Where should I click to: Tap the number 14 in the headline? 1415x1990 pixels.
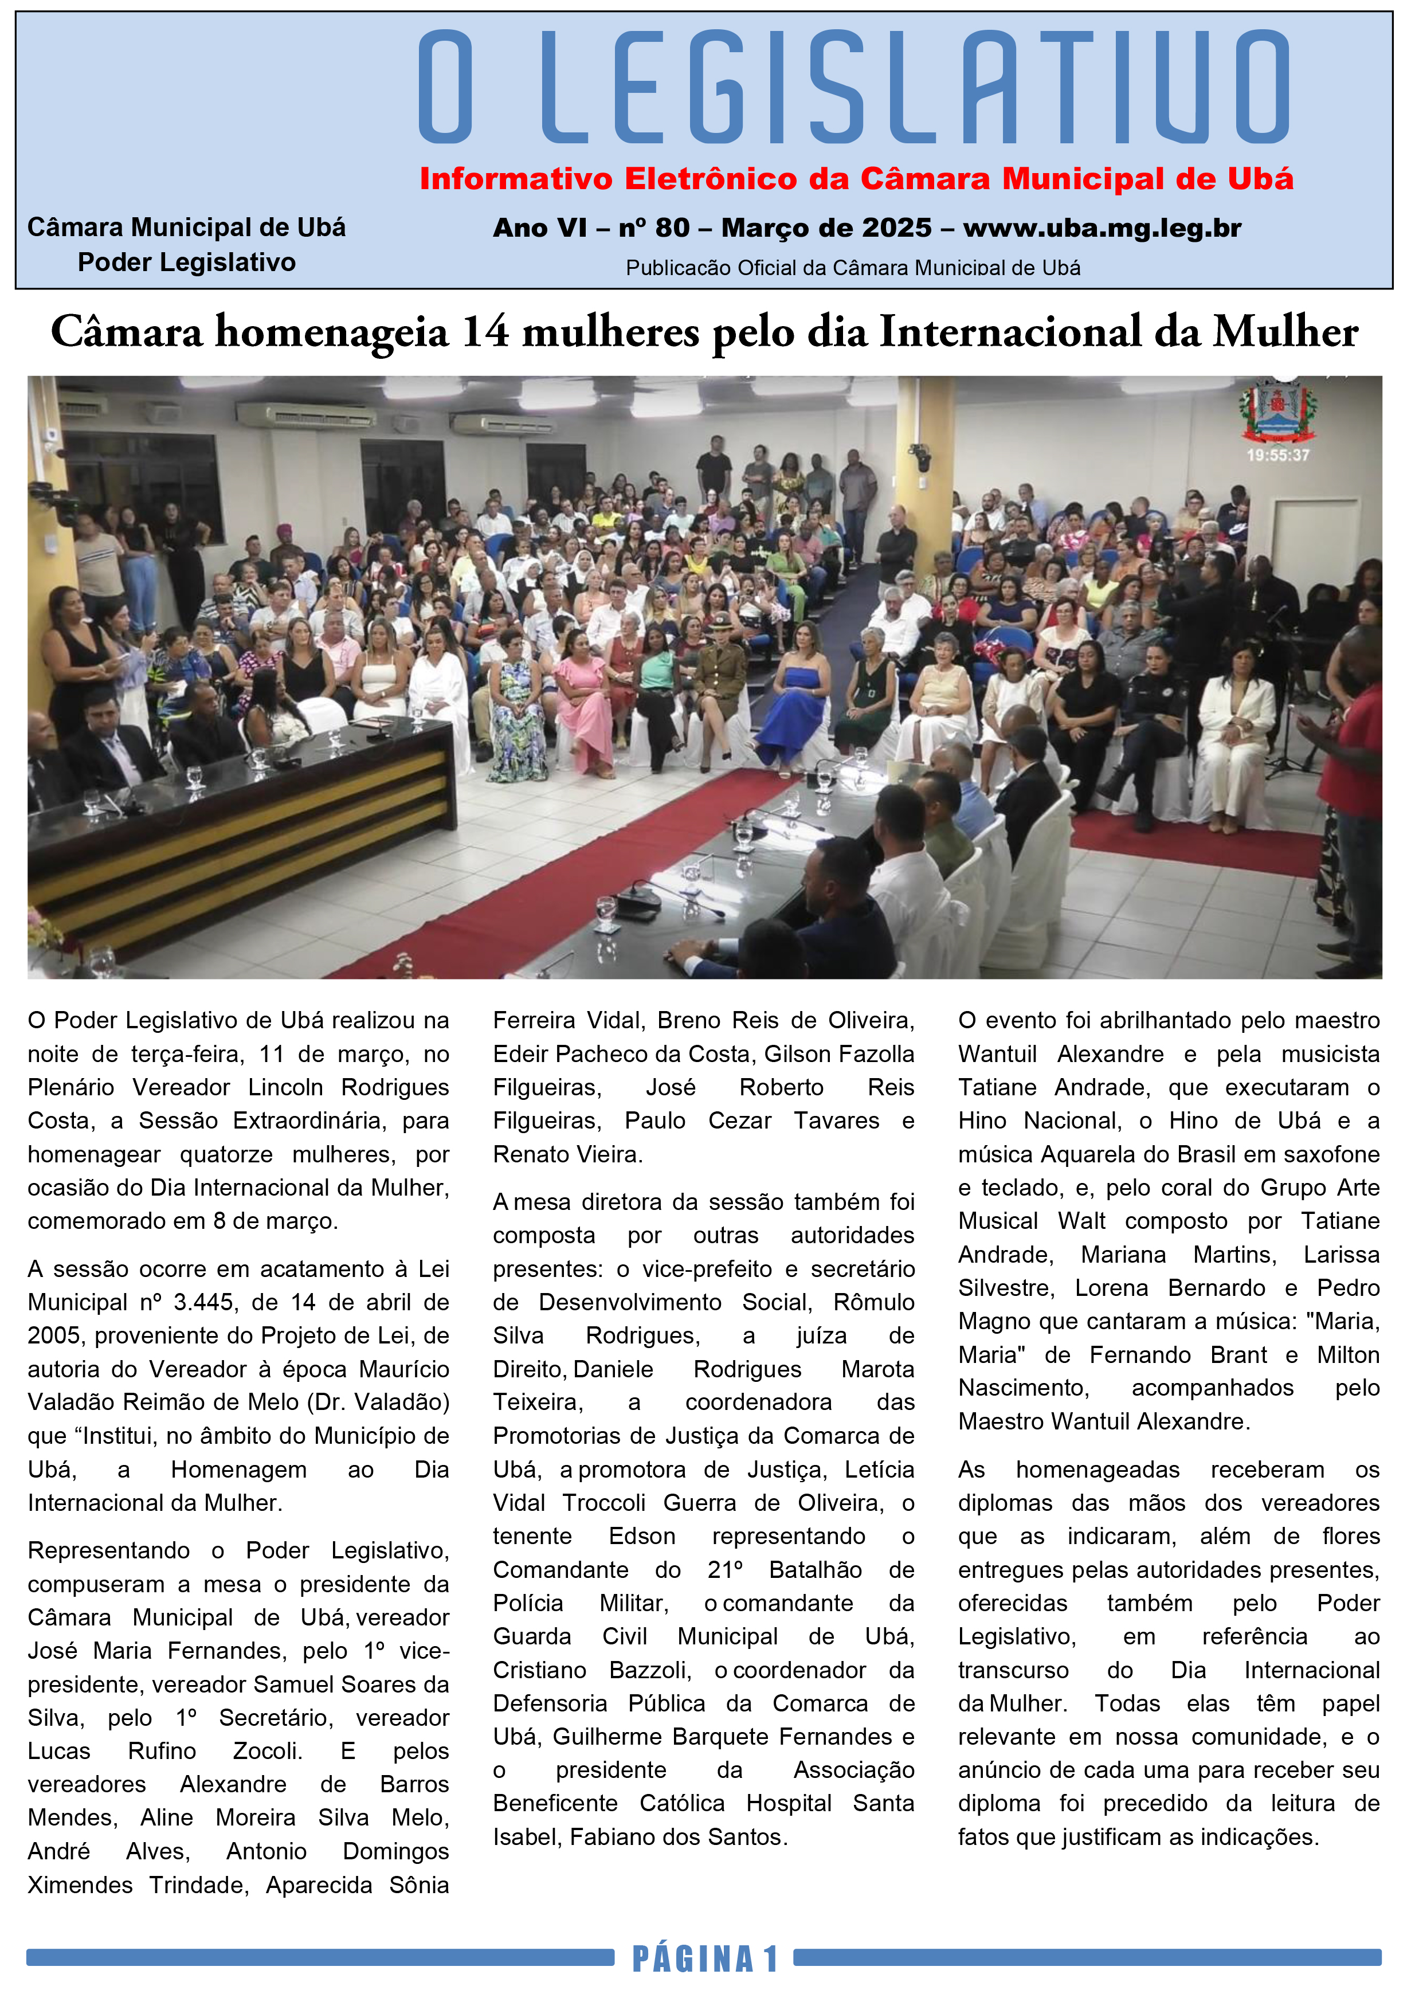coord(484,332)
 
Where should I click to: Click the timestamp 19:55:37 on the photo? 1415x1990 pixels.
coord(1277,455)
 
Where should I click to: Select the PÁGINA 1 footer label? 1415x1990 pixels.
coord(704,1958)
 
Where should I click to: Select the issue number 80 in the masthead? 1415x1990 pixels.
coord(672,228)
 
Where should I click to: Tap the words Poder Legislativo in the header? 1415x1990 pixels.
coord(186,263)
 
